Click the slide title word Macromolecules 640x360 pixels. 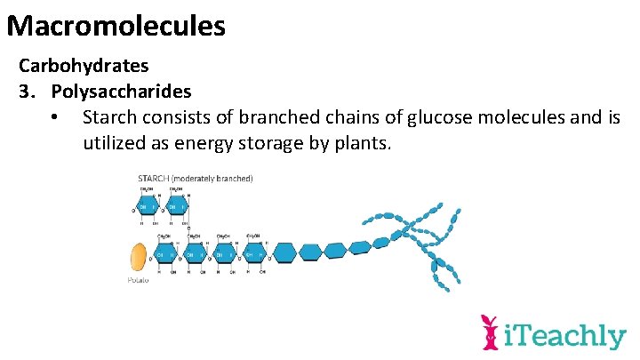click(116, 25)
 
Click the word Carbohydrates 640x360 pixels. click(84, 66)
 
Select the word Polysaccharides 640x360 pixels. click(121, 92)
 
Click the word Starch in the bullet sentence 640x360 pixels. click(111, 117)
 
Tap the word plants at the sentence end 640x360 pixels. click(361, 143)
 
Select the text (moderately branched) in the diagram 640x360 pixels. click(214, 179)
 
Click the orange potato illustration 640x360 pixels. click(138, 257)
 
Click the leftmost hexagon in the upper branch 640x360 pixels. click(146, 209)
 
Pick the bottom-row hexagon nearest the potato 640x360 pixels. click(165, 256)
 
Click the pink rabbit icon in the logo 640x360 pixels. click(488, 333)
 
